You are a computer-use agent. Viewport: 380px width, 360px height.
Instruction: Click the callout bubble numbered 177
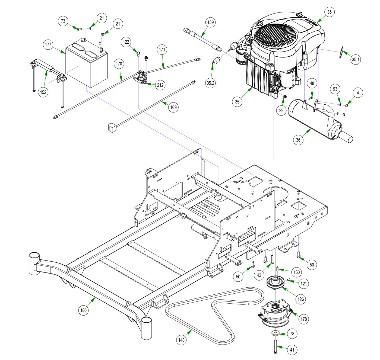(x=48, y=45)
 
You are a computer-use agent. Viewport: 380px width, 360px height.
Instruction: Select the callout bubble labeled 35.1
(x=355, y=59)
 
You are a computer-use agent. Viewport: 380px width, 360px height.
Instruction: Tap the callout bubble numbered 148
(x=181, y=340)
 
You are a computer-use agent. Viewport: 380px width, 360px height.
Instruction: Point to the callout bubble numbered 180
(x=83, y=310)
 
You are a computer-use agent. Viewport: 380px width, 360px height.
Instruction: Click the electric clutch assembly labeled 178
(x=274, y=313)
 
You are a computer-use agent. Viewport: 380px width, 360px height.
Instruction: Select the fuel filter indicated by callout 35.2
(x=214, y=62)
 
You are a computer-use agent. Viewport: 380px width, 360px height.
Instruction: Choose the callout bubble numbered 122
(x=126, y=42)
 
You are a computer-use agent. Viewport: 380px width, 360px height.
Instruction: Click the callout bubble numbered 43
(x=259, y=275)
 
